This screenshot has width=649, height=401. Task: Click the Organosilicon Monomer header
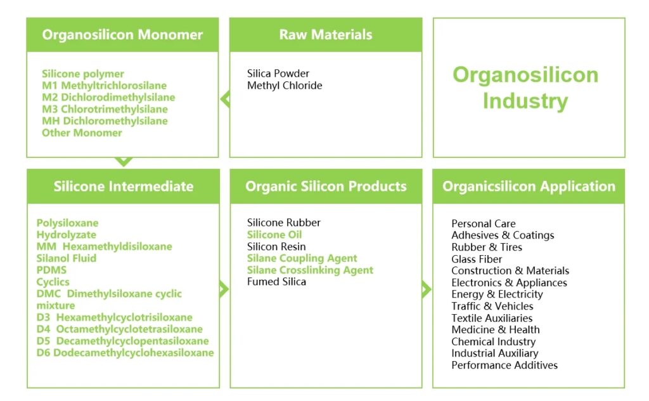click(122, 35)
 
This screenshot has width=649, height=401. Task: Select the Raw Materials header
click(326, 35)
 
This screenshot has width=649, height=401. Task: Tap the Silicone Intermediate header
click(123, 186)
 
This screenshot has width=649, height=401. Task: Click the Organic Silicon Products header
click(326, 186)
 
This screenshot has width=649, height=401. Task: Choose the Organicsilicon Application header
click(529, 186)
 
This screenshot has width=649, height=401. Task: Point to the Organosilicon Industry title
click(525, 88)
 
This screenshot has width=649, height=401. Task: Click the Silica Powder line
click(278, 74)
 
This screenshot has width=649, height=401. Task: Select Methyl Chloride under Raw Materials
click(285, 86)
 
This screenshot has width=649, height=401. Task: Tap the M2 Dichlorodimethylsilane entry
click(108, 97)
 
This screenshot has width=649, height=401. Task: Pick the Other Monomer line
click(82, 133)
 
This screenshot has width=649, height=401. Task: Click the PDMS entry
click(51, 270)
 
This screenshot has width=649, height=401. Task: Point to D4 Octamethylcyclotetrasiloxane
click(120, 329)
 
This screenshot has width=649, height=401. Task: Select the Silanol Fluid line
click(67, 258)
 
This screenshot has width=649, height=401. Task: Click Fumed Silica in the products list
click(276, 282)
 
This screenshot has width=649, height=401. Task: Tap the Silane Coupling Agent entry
click(302, 258)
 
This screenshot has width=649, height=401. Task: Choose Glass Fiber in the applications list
click(477, 259)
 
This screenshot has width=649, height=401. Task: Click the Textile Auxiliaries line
click(492, 318)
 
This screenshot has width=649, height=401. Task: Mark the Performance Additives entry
click(504, 365)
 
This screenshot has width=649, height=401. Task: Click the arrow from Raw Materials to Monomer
click(224, 99)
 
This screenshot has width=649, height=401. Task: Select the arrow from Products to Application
click(427, 289)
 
